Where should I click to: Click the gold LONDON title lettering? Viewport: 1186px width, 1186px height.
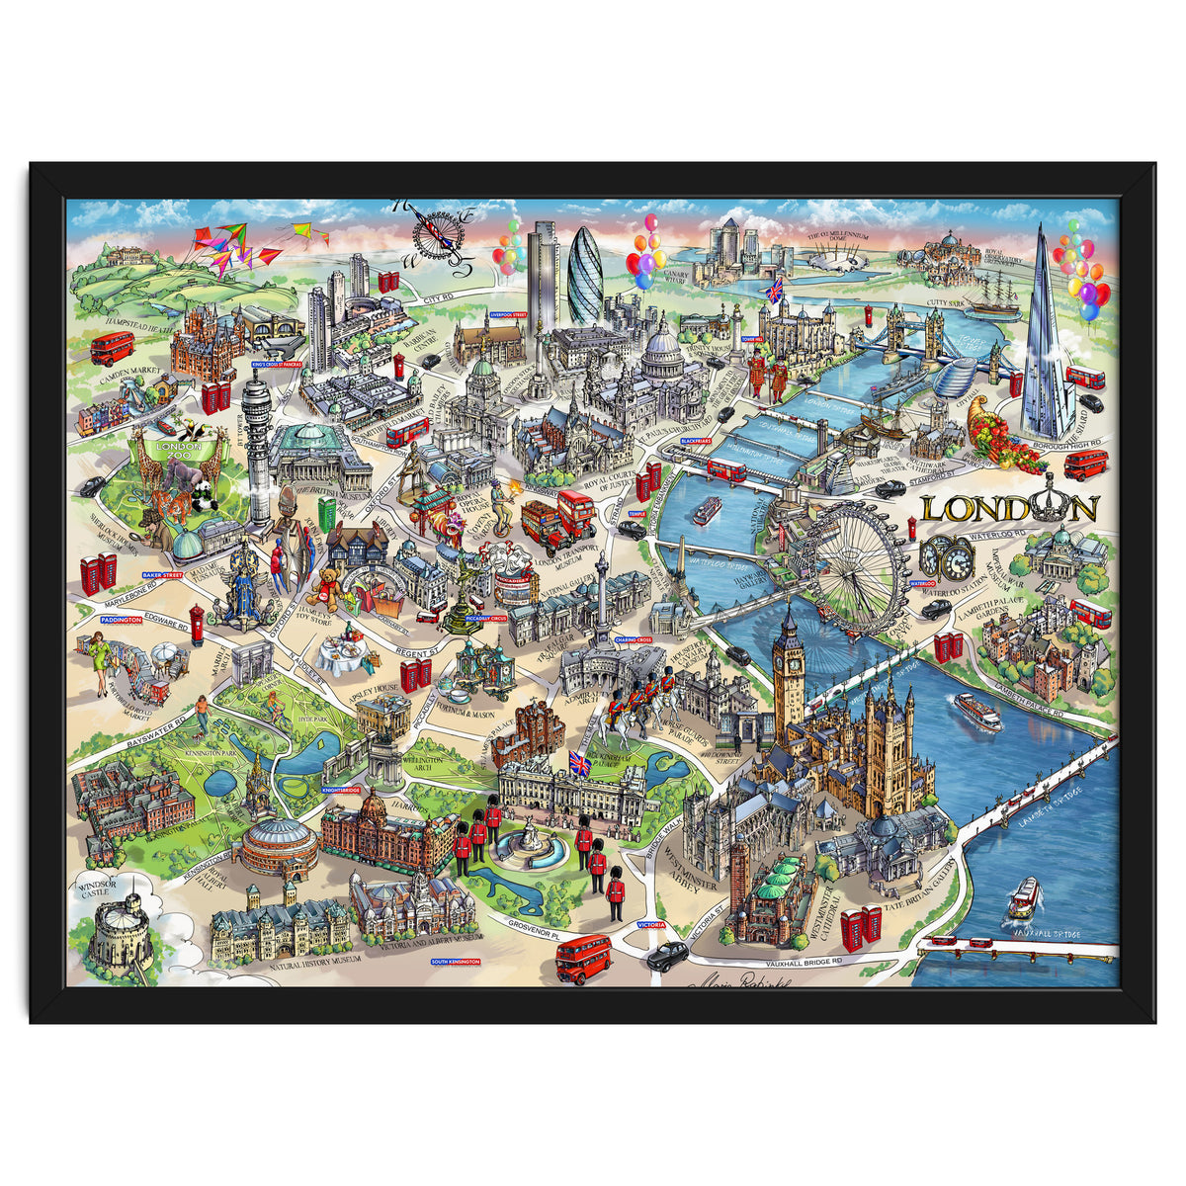[x=1009, y=508]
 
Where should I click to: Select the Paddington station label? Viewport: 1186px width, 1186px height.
[x=122, y=619]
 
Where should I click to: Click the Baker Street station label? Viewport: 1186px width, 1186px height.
[x=164, y=574]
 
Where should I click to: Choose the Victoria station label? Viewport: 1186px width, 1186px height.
[x=651, y=926]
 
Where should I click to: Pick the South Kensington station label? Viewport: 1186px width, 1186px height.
[x=456, y=961]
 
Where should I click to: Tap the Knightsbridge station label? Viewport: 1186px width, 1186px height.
[x=340, y=791]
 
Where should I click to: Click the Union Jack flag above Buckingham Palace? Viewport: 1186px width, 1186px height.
[x=579, y=763]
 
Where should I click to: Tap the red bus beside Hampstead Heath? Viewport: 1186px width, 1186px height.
[x=112, y=348]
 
